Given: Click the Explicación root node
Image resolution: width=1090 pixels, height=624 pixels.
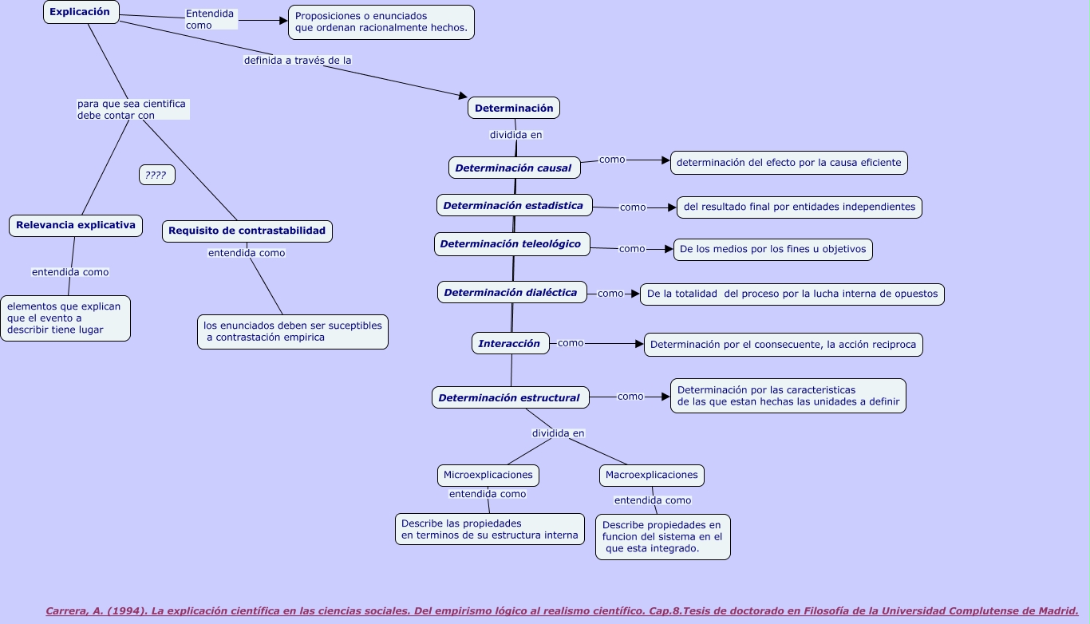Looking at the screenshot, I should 81,12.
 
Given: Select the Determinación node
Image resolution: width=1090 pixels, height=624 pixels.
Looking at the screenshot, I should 514,108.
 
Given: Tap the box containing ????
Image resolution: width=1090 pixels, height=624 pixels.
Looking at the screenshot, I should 156,175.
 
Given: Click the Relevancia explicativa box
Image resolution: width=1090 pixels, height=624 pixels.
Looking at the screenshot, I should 76,226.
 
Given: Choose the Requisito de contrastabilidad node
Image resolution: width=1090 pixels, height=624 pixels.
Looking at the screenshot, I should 247,231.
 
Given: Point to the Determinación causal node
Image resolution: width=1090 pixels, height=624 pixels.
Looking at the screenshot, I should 514,168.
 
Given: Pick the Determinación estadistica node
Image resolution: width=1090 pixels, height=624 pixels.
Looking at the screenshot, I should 514,205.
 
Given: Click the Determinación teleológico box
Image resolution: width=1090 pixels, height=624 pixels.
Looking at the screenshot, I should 511,244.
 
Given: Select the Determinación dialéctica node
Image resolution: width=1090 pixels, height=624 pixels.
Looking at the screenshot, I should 511,293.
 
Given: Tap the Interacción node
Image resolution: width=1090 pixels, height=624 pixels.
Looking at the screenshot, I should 510,344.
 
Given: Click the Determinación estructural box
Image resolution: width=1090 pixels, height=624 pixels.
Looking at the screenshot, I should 510,397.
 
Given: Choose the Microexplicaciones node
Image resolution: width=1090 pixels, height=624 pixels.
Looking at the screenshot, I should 488,475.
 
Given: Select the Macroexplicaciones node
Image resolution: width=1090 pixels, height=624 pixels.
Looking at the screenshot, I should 651,475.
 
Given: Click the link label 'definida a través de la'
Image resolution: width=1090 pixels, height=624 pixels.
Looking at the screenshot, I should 298,60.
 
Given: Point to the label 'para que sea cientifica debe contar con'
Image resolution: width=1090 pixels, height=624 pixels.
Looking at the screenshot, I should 132,109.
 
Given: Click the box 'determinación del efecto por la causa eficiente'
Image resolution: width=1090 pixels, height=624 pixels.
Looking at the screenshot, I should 788,163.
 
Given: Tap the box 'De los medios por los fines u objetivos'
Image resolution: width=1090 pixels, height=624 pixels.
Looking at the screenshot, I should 772,249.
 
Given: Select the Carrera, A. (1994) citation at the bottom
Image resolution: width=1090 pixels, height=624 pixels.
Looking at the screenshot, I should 562,611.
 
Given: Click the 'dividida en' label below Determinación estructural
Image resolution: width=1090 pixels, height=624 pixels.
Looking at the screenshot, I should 558,433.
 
